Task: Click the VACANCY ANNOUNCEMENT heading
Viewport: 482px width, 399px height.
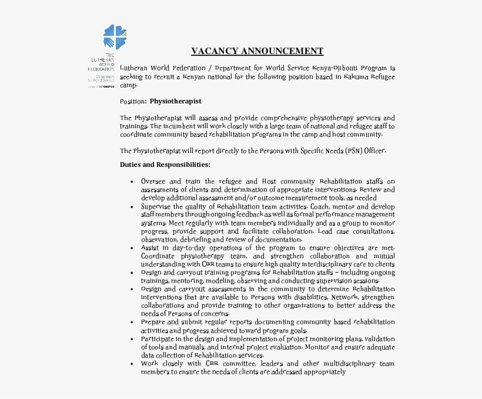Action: pos(257,51)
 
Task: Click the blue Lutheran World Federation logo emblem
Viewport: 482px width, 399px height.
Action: pos(115,36)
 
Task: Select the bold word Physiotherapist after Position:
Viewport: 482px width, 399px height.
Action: pos(175,101)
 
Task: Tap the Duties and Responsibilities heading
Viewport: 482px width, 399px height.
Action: pos(165,165)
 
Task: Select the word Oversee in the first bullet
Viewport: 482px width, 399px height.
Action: pos(153,182)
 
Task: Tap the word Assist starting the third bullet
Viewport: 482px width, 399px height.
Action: pos(149,248)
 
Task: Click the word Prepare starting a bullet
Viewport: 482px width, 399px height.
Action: pos(153,322)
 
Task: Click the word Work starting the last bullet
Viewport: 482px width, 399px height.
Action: pos(149,364)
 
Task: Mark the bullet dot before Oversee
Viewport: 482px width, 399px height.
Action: pos(132,182)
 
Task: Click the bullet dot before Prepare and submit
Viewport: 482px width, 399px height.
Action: pos(132,323)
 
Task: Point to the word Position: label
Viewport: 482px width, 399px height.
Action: pos(133,101)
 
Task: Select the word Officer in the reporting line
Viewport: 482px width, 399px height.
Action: pos(374,151)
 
